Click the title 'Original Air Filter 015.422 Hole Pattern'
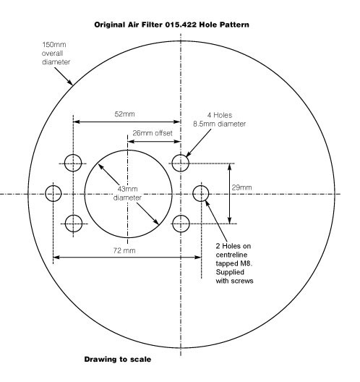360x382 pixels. point(171,25)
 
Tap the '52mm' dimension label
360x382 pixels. point(124,114)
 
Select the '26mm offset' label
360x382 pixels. point(153,133)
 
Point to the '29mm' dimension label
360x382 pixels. point(241,187)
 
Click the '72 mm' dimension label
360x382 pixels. point(124,250)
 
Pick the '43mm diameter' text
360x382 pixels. point(127,193)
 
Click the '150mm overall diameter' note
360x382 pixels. point(56,53)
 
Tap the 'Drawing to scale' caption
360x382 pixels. point(118,360)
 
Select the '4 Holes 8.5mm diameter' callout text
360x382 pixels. point(220,119)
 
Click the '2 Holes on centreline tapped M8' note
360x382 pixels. point(233,255)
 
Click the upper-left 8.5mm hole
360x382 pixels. point(73,163)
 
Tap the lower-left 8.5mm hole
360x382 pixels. point(74,224)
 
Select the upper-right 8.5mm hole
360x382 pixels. point(181,163)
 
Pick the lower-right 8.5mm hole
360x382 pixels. point(181,224)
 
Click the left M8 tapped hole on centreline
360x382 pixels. point(53,193)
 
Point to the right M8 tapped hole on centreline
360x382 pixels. point(201,193)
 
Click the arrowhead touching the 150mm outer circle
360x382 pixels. point(70,82)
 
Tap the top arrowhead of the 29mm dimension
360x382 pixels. point(230,166)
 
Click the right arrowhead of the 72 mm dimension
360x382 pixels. point(198,257)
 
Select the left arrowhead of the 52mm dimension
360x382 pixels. point(77,122)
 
